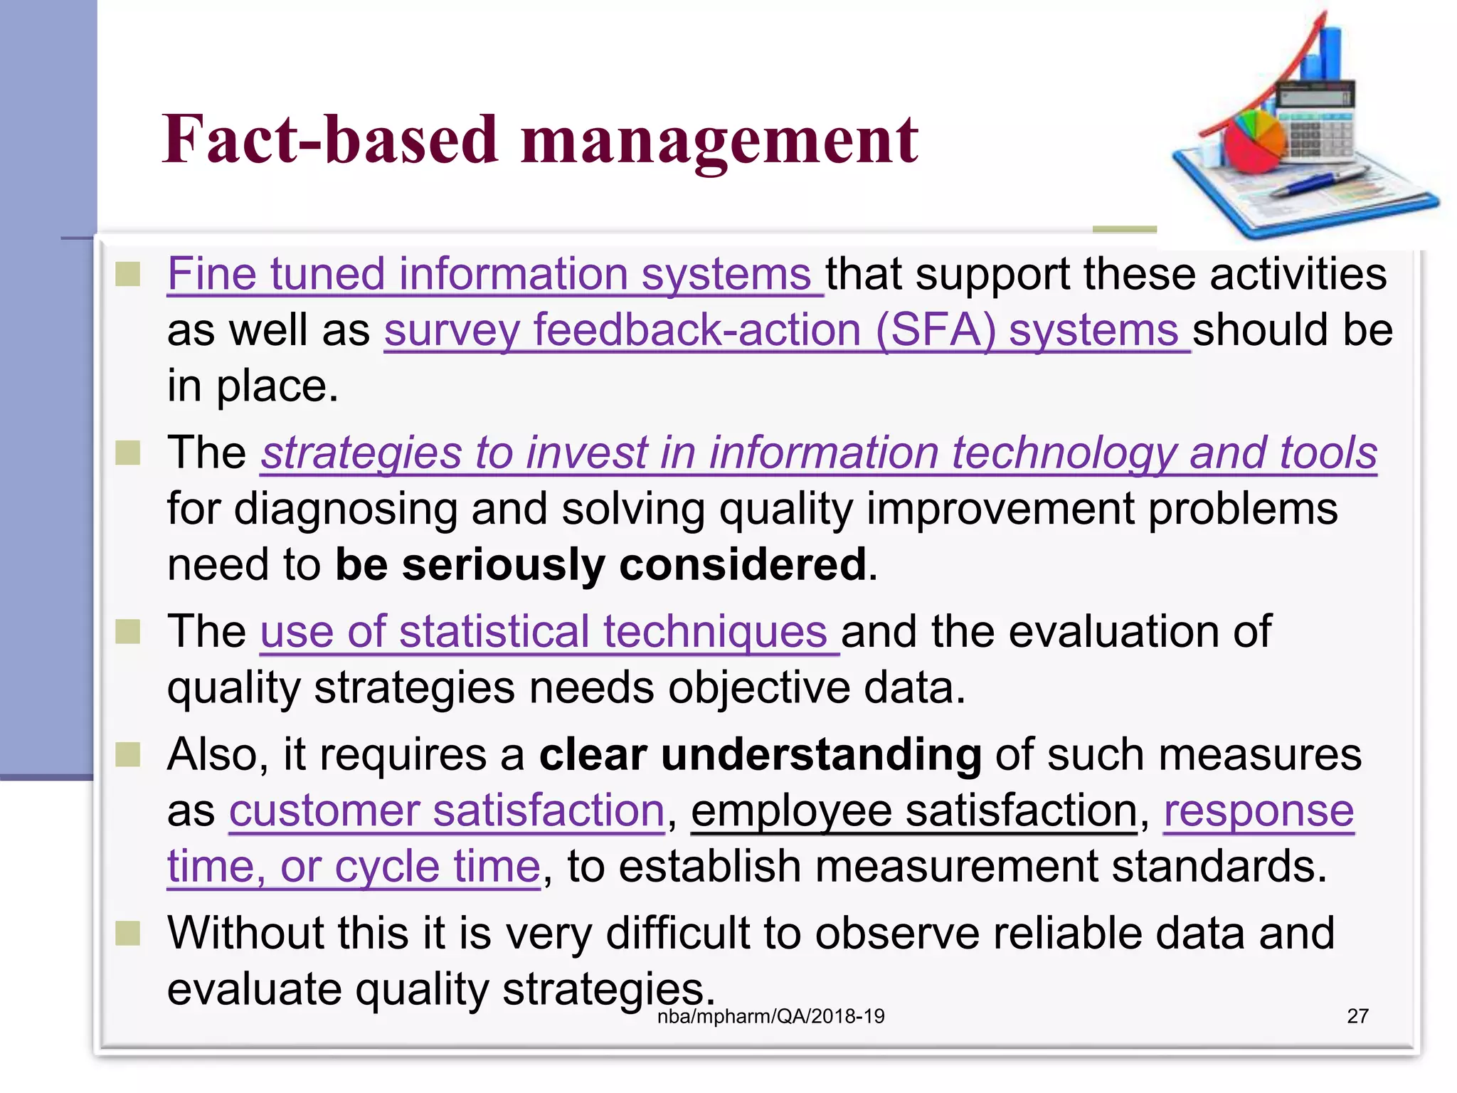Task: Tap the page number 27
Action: point(1357,1016)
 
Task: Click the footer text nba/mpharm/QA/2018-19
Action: point(770,1016)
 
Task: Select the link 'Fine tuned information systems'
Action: point(489,275)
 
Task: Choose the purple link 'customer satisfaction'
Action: point(447,811)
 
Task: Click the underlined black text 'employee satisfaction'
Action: point(914,811)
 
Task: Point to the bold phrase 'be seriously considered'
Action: point(601,565)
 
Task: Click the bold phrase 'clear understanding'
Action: point(760,755)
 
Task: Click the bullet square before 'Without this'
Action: point(128,934)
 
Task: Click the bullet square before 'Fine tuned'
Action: point(128,275)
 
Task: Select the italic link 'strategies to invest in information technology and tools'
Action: point(818,453)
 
